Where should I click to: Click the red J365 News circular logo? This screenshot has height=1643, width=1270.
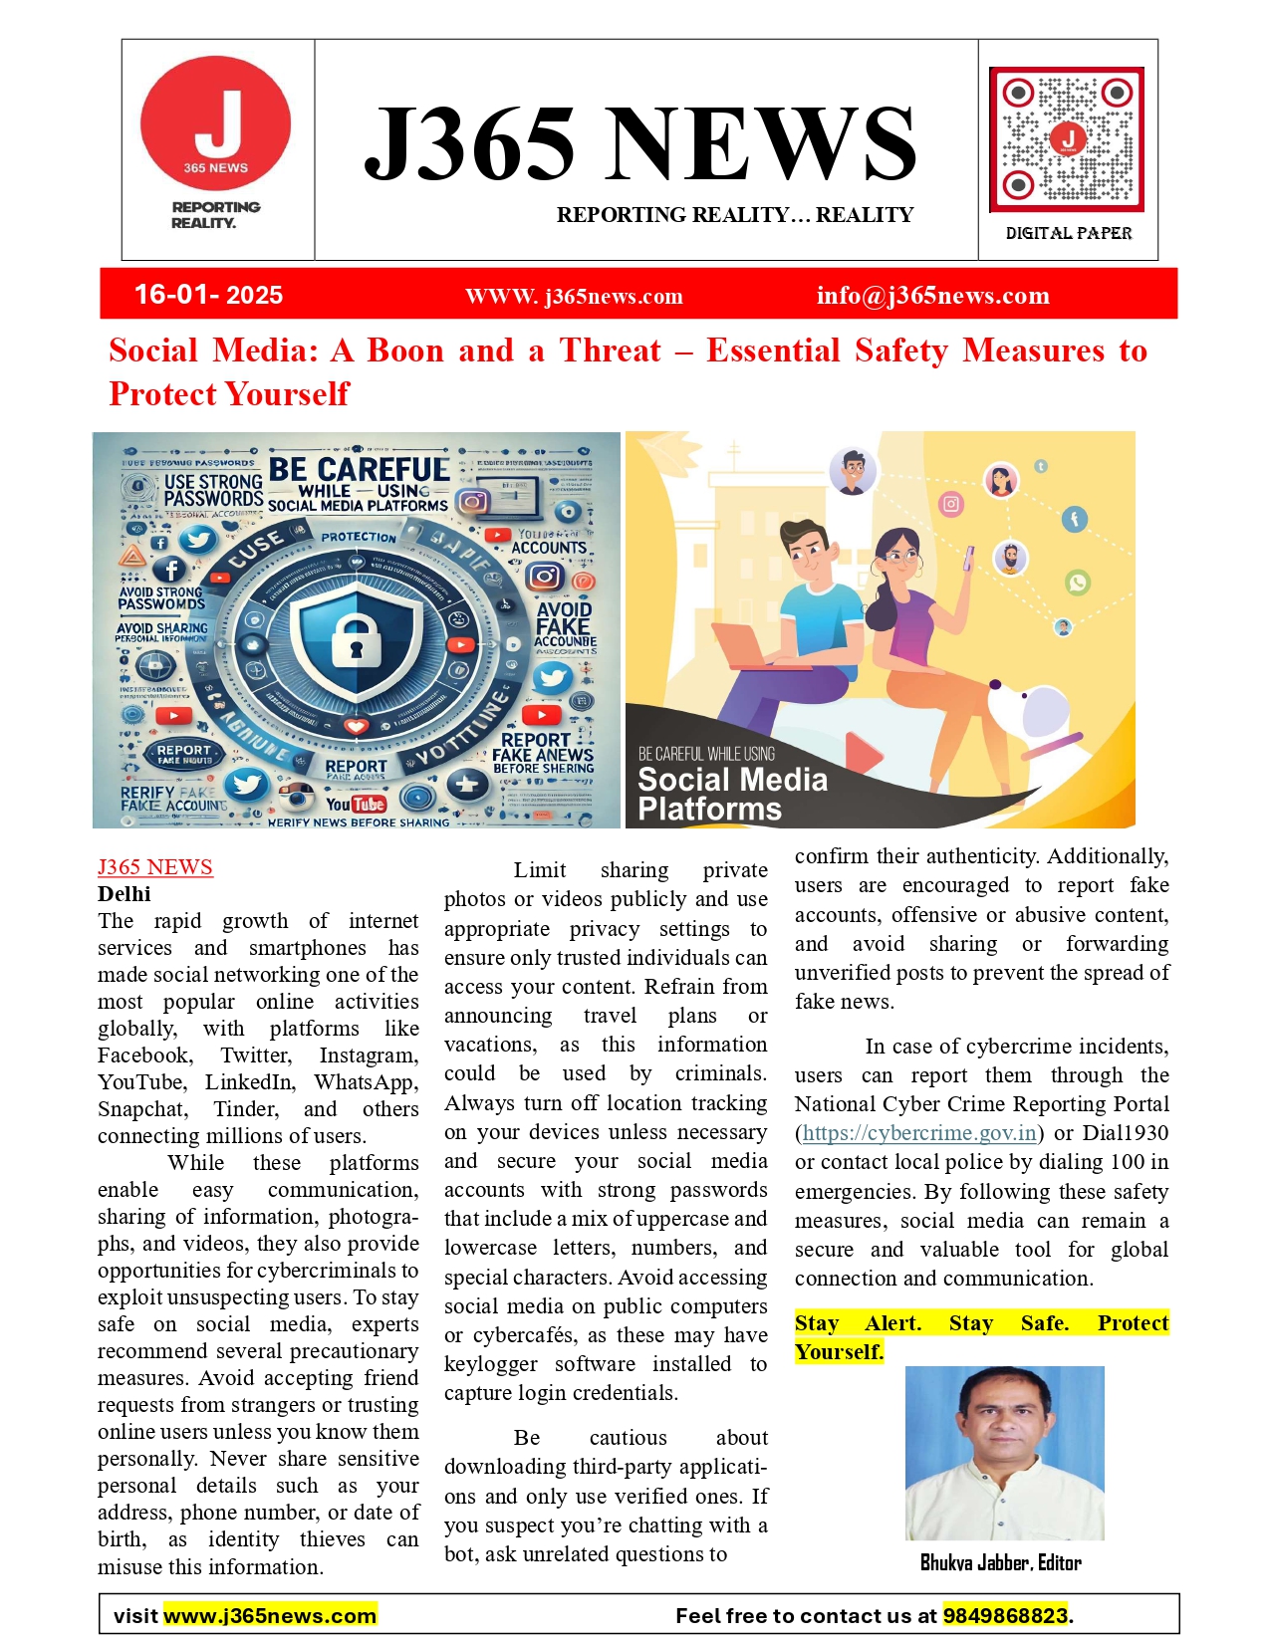[x=215, y=124]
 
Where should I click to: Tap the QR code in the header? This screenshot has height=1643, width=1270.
[x=1067, y=139]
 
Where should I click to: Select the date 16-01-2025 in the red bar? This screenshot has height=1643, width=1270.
[x=208, y=295]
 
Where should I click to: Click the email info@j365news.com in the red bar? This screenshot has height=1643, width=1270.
[x=932, y=296]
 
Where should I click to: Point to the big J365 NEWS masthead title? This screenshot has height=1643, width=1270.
[x=639, y=144]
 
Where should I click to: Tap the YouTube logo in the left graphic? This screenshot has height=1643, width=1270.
[x=356, y=803]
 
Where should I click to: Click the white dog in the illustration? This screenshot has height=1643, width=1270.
[x=1036, y=719]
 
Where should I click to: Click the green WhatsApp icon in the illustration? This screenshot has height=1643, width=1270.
[x=1078, y=583]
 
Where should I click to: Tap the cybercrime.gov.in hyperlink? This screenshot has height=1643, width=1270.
[x=919, y=1133]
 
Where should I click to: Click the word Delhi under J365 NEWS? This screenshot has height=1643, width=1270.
[x=125, y=894]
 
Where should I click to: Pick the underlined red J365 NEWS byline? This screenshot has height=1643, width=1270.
[x=154, y=867]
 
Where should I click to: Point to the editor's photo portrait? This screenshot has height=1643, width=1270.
[x=1004, y=1453]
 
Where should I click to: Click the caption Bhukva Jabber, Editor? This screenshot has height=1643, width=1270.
[x=1000, y=1562]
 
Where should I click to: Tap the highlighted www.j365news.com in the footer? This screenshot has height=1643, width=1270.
[x=270, y=1615]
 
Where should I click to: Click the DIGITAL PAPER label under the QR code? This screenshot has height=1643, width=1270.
[x=1068, y=233]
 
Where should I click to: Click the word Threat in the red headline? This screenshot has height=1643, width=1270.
[x=610, y=351]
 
